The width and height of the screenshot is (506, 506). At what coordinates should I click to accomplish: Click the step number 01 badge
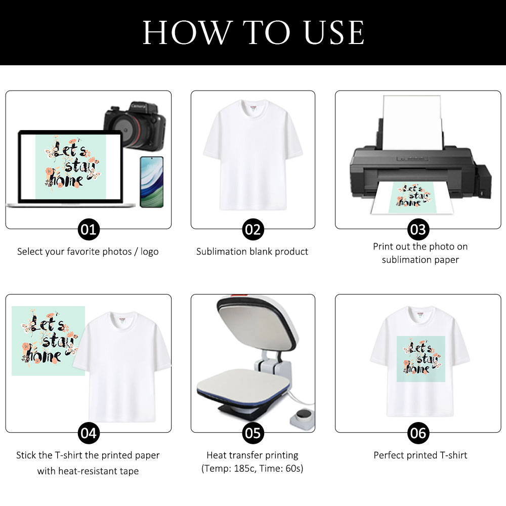point(89,230)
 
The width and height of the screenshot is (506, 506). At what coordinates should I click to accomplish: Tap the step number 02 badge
point(252,230)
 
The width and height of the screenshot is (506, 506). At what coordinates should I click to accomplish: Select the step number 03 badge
point(418,230)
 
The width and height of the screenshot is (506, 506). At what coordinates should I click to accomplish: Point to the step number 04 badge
point(89,433)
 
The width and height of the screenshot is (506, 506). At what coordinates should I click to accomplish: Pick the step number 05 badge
point(252,433)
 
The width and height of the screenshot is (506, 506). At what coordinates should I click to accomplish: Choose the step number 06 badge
point(418,433)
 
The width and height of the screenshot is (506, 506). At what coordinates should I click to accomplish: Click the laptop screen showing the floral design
point(70,167)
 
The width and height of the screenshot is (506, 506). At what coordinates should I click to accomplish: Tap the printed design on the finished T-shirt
point(420,359)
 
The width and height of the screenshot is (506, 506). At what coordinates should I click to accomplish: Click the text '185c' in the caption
point(243,469)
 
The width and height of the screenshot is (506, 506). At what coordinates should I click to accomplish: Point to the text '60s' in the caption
point(294,469)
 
